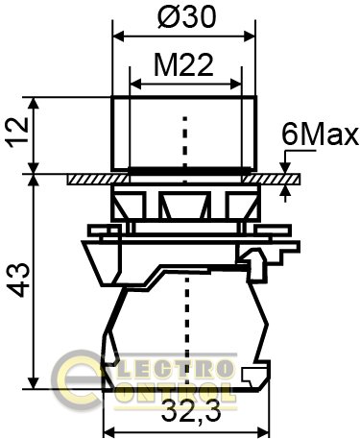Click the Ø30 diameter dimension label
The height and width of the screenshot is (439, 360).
point(187,16)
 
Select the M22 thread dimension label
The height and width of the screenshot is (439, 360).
point(183,65)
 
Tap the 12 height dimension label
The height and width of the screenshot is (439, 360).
point(18,133)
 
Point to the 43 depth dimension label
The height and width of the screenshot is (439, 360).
point(19,280)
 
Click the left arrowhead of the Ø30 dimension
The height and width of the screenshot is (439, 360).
point(118,37)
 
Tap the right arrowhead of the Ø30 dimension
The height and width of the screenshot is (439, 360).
point(250,37)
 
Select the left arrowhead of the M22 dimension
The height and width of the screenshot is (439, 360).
point(135,85)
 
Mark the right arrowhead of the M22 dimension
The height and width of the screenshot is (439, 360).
point(236,85)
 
